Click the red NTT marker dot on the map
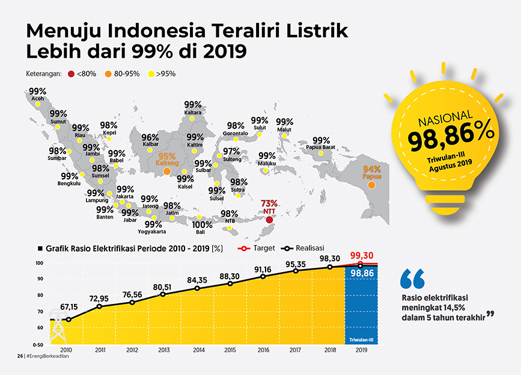pyautogui.click(x=269, y=221)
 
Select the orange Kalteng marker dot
pyautogui.click(x=167, y=173)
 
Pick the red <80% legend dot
pyautogui.click(x=71, y=74)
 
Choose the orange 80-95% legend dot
pyautogui.click(x=108, y=74)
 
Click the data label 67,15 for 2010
pyautogui.click(x=69, y=306)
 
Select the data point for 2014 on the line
pyautogui.click(x=198, y=288)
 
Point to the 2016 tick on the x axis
pyautogui.click(x=263, y=350)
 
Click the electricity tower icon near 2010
pyautogui.click(x=58, y=329)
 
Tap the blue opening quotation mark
pyautogui.click(x=412, y=278)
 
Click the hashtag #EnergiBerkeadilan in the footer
pyautogui.click(x=46, y=356)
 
